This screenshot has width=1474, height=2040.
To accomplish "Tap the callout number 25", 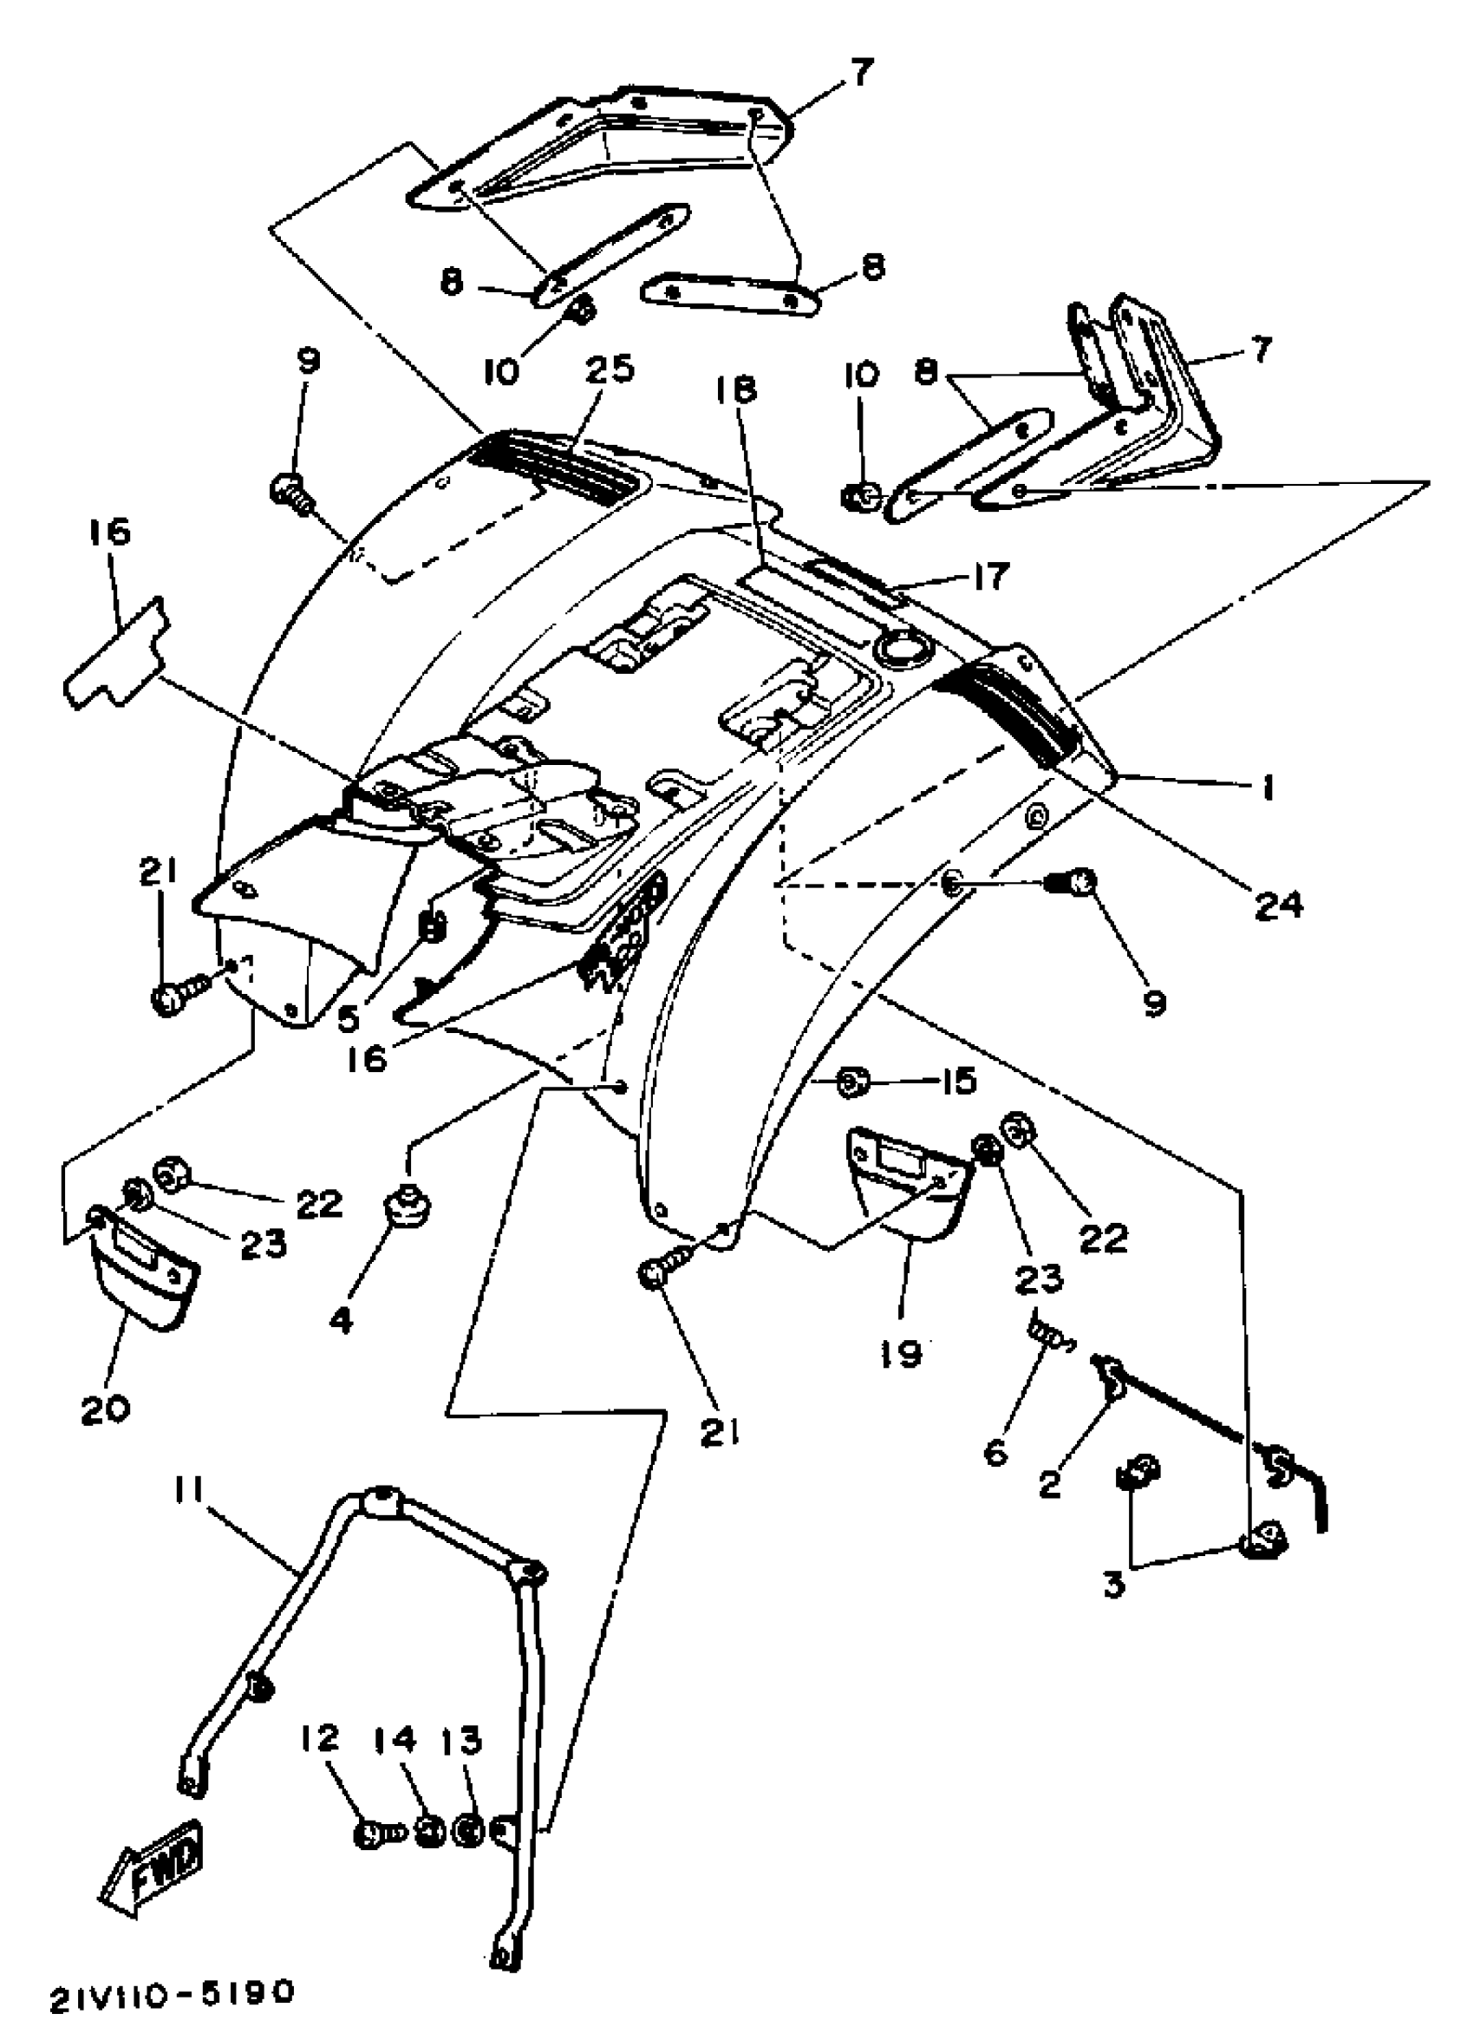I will coord(609,369).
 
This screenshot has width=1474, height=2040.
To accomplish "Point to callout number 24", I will coord(1278,905).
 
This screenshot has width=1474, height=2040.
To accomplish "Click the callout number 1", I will coord(1267,788).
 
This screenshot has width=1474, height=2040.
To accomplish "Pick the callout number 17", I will coord(989,576).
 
